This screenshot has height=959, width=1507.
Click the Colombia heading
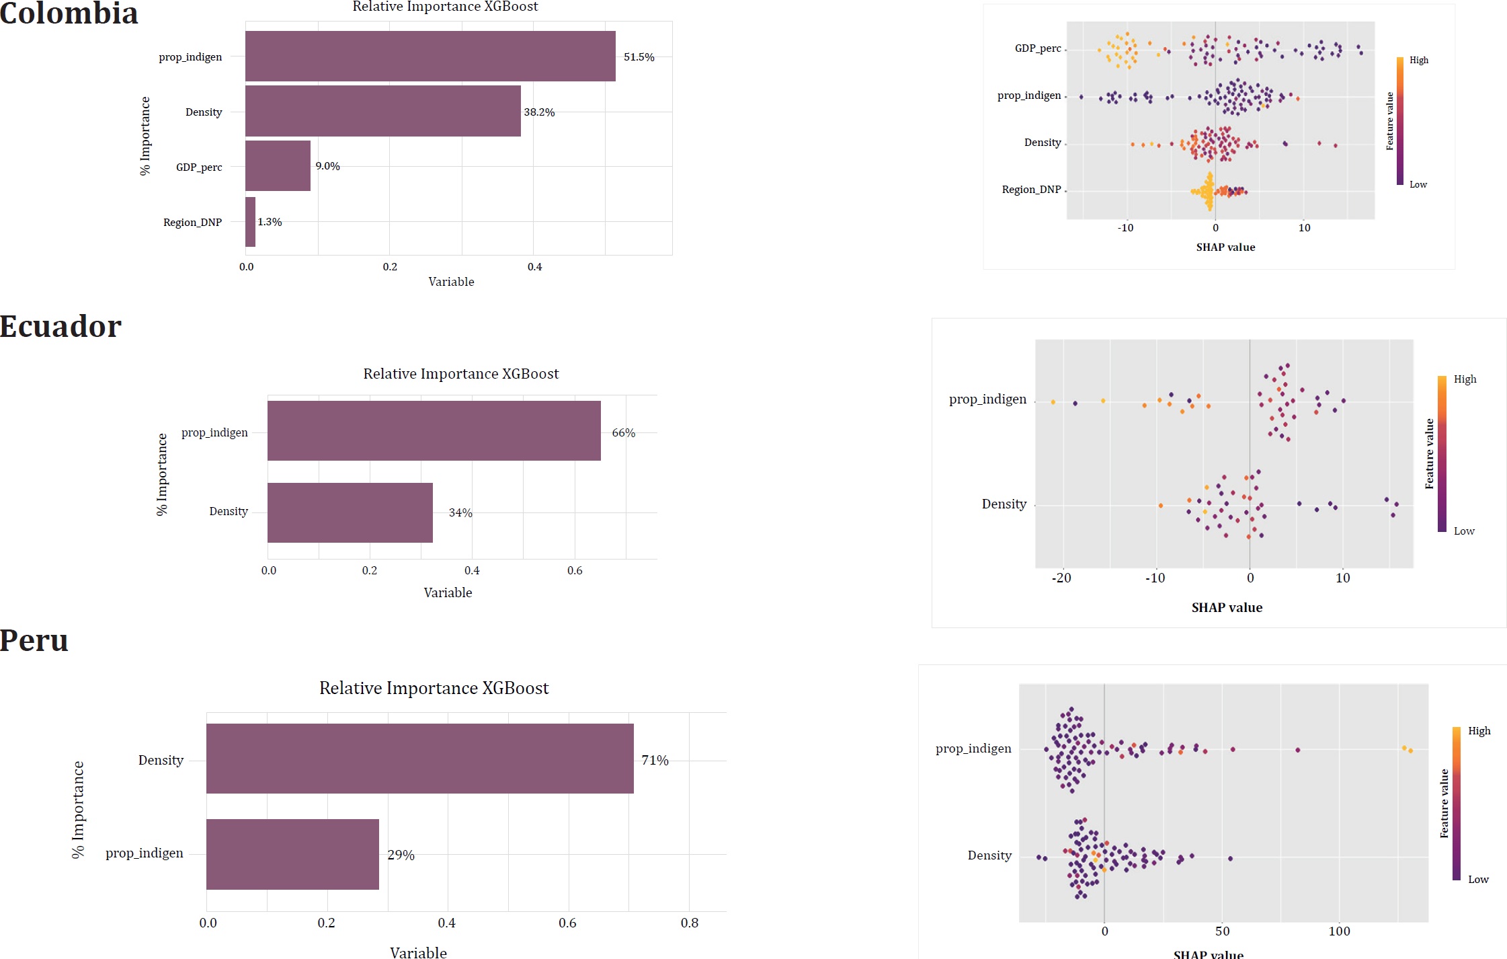point(69,13)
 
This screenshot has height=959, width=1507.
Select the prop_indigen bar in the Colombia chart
point(430,56)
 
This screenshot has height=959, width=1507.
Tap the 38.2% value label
point(539,112)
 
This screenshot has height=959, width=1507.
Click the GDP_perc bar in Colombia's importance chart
point(278,165)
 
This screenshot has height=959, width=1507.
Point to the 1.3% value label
point(270,222)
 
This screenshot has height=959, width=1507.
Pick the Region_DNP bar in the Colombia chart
point(250,222)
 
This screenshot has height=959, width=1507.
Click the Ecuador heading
point(60,327)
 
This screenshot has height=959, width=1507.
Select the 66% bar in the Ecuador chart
point(434,431)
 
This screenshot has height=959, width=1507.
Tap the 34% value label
point(460,512)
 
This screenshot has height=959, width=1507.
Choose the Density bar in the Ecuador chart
point(350,512)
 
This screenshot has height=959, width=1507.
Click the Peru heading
point(34,640)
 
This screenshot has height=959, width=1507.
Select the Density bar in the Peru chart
point(419,759)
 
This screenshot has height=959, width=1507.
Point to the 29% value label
point(401,855)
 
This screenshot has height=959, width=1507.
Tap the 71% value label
point(655,760)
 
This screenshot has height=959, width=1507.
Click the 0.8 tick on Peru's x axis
point(690,923)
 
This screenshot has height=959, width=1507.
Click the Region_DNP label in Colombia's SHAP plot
point(1031,190)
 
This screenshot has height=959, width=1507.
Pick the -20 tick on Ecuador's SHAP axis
point(1061,578)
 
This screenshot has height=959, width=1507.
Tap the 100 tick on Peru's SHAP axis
point(1339,931)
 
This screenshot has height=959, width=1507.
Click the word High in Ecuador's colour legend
point(1465,379)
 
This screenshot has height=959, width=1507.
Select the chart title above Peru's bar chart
point(434,688)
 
